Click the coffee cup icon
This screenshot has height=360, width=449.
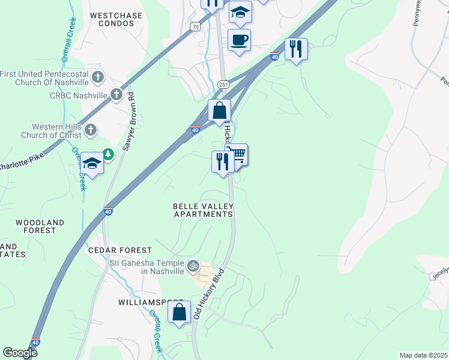pyautogui.click(x=239, y=40)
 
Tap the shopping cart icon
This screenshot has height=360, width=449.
pyautogui.click(x=238, y=155)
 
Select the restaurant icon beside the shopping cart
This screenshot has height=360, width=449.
pyautogui.click(x=222, y=161)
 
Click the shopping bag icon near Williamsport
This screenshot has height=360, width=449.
pyautogui.click(x=179, y=313)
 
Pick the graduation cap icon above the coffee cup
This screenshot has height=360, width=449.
pyautogui.click(x=240, y=12)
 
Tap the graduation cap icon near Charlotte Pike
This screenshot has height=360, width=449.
pyautogui.click(x=92, y=163)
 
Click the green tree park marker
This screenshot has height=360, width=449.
pyautogui.click(x=108, y=155)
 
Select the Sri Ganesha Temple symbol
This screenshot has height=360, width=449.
pyautogui.click(x=193, y=265)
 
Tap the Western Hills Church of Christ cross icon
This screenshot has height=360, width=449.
pyautogui.click(x=90, y=130)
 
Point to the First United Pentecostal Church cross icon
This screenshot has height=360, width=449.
pyautogui.click(x=98, y=77)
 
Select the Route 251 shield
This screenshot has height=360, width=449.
pyautogui.click(x=223, y=84)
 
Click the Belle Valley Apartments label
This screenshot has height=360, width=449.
pyautogui.click(x=203, y=210)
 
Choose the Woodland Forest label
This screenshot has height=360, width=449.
pyautogui.click(x=40, y=226)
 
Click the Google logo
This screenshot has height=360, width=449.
pyautogui.click(x=20, y=353)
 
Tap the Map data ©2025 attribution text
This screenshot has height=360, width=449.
pyautogui.click(x=423, y=355)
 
